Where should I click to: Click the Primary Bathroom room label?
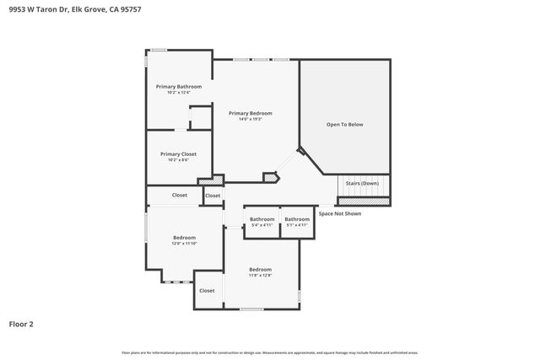click(178, 86)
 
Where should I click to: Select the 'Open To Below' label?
click(344, 124)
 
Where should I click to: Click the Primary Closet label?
click(178, 154)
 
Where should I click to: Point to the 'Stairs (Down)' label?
click(362, 183)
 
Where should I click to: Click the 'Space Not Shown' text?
click(339, 213)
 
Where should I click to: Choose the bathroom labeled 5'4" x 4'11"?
click(262, 222)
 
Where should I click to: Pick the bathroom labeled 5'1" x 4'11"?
click(297, 222)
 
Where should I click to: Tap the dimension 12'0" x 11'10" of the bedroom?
click(184, 244)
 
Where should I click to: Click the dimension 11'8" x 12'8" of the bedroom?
click(260, 275)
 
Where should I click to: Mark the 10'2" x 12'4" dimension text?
click(178, 92)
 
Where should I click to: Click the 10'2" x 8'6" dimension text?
click(178, 160)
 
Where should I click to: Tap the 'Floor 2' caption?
click(21, 324)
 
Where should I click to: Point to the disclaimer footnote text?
click(269, 352)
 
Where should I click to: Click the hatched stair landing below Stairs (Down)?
click(364, 201)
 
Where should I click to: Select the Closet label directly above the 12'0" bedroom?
click(180, 195)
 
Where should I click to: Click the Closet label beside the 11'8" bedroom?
click(207, 290)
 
